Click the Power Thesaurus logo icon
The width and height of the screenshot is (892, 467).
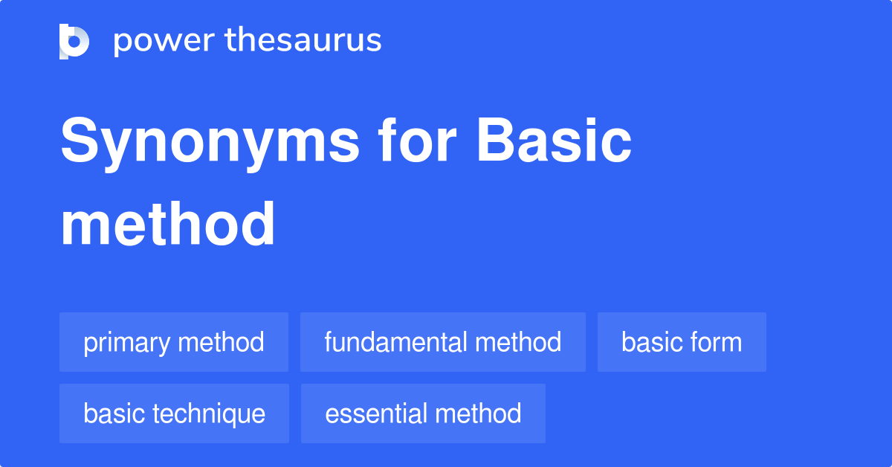(x=74, y=41)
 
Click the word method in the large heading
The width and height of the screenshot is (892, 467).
(x=168, y=225)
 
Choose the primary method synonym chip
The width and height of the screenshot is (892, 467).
(x=174, y=342)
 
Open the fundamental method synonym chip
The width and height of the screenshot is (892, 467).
(x=443, y=342)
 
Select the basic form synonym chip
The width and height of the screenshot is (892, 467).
(x=682, y=342)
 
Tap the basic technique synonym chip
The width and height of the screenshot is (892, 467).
(x=174, y=413)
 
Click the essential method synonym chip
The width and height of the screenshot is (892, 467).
(x=423, y=413)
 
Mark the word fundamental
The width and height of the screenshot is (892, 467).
(x=396, y=342)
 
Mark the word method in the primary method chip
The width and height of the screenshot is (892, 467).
(x=222, y=342)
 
